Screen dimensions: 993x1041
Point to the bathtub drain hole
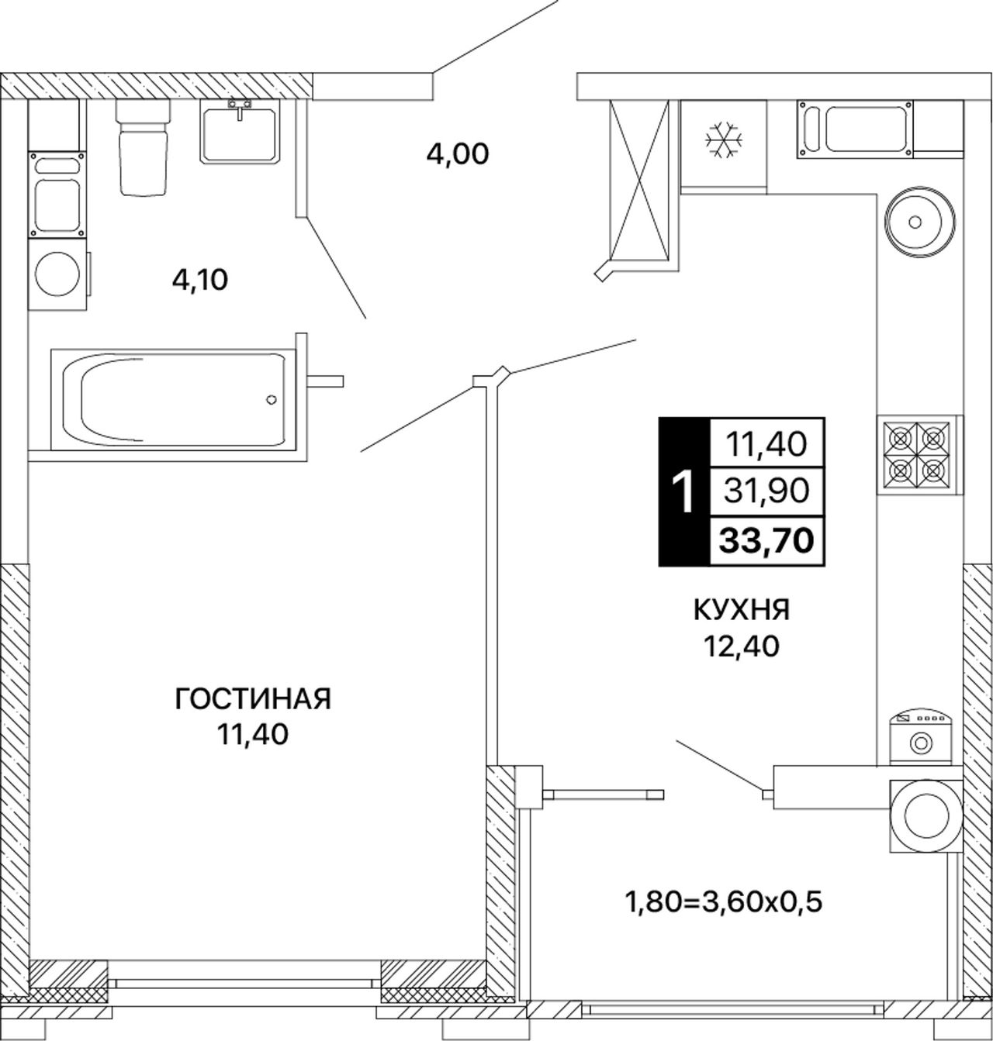coord(272,400)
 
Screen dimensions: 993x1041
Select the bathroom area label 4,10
coord(200,280)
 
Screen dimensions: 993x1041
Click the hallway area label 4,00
coord(458,154)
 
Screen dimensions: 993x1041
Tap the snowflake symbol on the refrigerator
coord(724,140)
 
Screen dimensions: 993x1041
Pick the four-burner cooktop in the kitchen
coord(915,455)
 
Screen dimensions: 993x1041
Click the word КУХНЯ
coord(742,611)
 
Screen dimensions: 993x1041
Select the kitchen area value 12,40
coord(742,646)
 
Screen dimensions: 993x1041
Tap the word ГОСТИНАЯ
coord(253,699)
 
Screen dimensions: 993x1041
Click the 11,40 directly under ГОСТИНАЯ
coord(252,734)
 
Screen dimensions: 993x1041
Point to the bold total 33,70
coord(766,541)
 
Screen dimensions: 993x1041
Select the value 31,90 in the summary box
coord(766,491)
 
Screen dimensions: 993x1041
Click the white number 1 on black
coord(684,492)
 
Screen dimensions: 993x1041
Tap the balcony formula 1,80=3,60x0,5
coord(724,898)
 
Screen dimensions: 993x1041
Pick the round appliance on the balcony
coord(926,816)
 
